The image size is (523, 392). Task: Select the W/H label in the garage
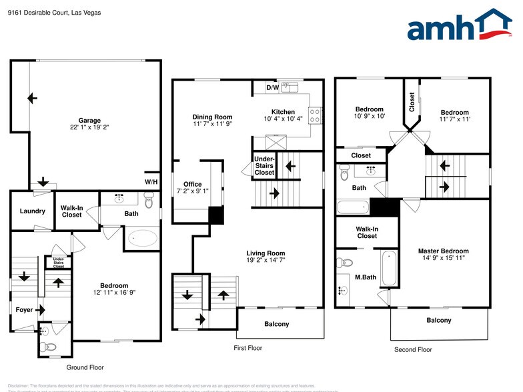tap(151, 182)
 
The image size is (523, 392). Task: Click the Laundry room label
tap(32, 211)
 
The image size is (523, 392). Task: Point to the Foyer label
tap(24, 309)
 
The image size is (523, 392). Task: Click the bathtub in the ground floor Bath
tap(141, 238)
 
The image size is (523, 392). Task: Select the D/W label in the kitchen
tap(272, 87)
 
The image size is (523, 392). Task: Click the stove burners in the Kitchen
tap(316, 113)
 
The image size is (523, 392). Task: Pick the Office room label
tap(193, 184)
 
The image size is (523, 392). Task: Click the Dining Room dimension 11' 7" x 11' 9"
tap(212, 123)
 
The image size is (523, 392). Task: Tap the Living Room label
tap(266, 253)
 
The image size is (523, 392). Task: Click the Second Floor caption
tap(414, 349)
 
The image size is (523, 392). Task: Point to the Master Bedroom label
tap(442, 251)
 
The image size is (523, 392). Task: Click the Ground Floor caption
tap(85, 367)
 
